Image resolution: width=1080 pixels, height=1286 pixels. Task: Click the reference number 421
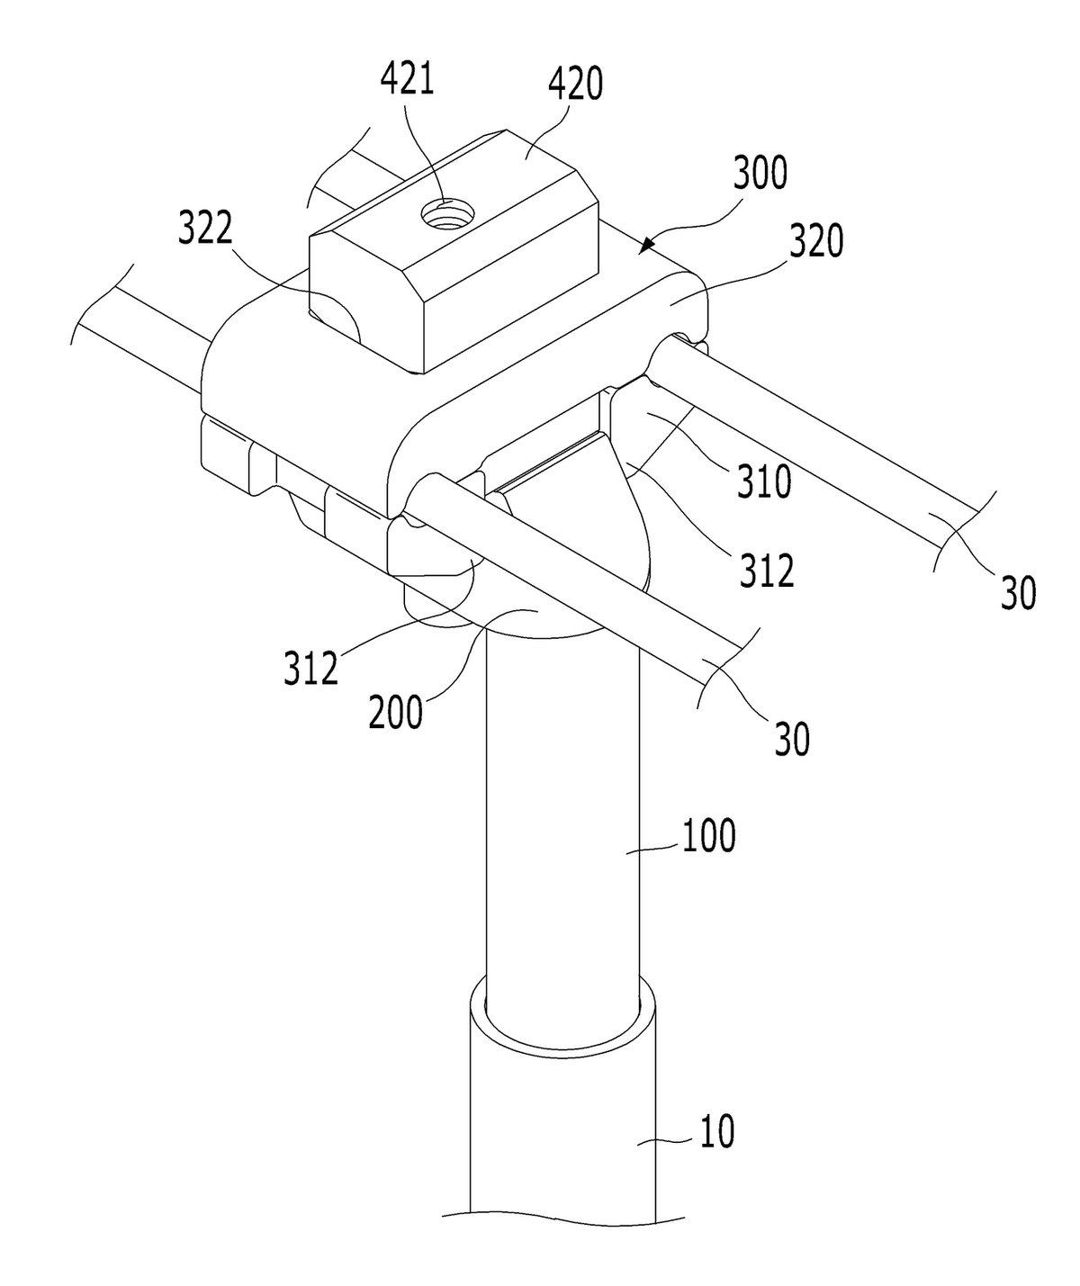[x=407, y=80]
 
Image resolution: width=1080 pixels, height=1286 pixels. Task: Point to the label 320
[x=815, y=240]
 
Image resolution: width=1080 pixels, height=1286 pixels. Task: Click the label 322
[x=205, y=227]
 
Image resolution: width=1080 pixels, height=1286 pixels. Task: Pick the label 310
[x=764, y=481]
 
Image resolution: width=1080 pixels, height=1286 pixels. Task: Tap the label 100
[x=708, y=836]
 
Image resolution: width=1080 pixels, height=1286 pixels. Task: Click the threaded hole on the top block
[x=447, y=215]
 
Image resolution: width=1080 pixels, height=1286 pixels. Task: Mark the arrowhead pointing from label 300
[x=645, y=245]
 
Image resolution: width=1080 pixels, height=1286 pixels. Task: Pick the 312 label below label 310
[x=767, y=570]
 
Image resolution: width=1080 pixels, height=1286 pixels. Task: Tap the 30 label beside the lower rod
[x=792, y=739]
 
